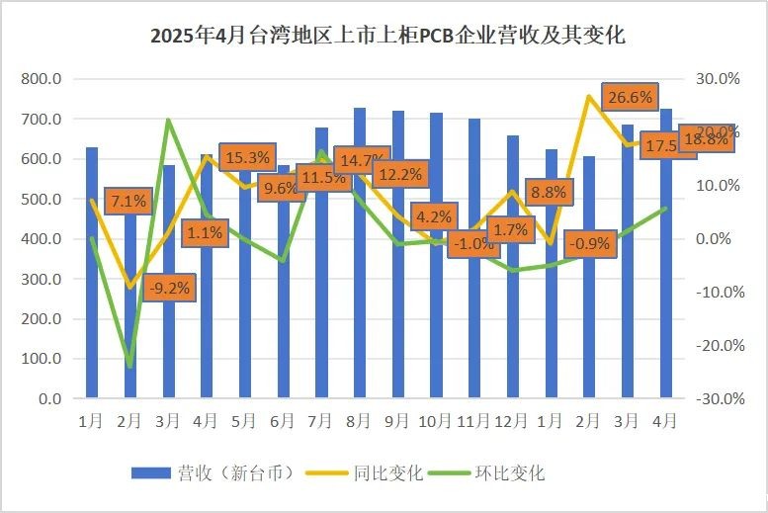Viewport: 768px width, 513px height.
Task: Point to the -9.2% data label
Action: click(x=169, y=290)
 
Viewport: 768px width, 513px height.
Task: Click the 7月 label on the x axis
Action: click(x=321, y=420)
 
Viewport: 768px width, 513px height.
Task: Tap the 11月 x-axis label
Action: click(x=473, y=420)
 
